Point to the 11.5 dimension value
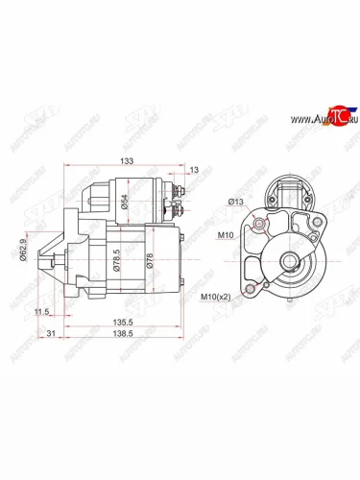[x=40, y=312]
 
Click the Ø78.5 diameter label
[x=116, y=260]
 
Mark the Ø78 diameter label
[x=149, y=260]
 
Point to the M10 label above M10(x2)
[x=226, y=235]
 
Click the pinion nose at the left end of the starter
[x=44, y=259]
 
